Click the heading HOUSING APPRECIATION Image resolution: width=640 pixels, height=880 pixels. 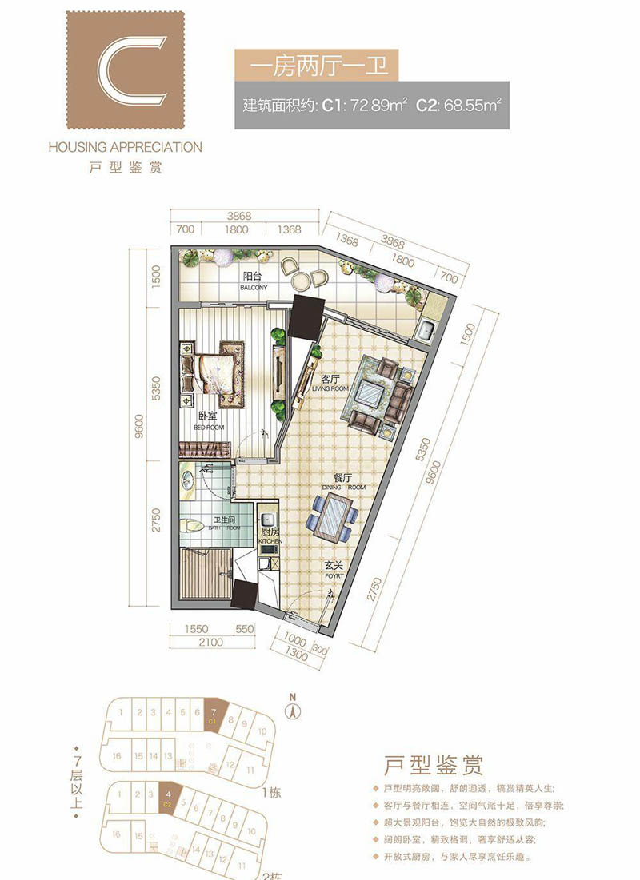click(125, 147)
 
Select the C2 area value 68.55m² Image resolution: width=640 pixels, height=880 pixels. click(474, 105)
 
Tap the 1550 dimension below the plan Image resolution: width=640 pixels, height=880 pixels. click(195, 629)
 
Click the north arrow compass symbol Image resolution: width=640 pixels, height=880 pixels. click(293, 707)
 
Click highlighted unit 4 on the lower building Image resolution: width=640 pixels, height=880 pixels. click(169, 797)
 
